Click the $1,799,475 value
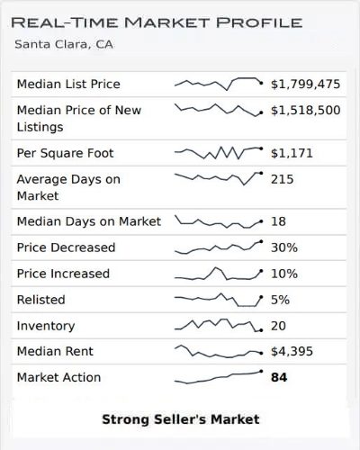tap(306, 84)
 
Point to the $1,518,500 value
tap(306, 110)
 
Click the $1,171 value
tap(292, 153)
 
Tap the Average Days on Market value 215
tap(283, 179)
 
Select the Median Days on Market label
tap(89, 220)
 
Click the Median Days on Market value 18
tap(278, 220)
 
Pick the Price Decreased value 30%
tap(284, 247)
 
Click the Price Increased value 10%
tap(284, 273)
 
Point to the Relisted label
tap(41, 299)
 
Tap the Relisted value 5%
tap(281, 299)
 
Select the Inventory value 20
tap(279, 325)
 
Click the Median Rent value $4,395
tap(292, 351)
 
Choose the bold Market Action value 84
tap(279, 377)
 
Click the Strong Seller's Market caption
tap(180, 418)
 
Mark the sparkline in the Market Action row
tap(218, 376)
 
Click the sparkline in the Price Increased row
tap(218, 273)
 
